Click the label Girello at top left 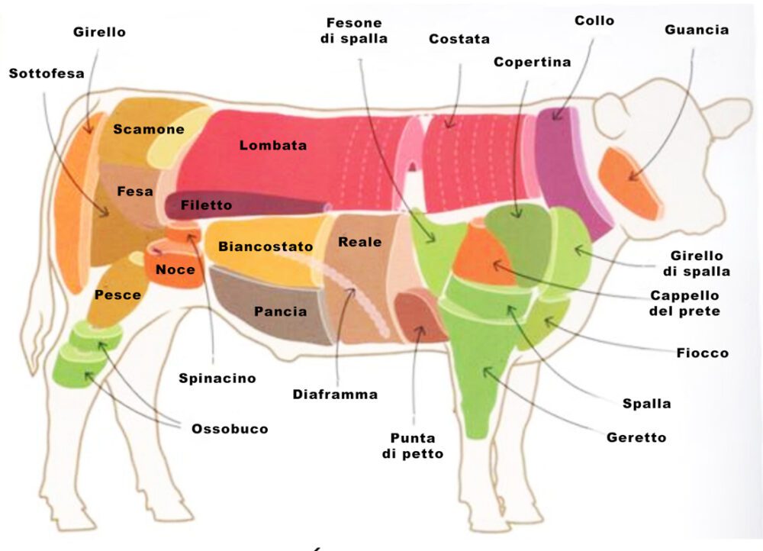click(100, 33)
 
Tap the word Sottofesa click(47, 73)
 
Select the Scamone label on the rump click(149, 129)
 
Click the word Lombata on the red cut click(273, 145)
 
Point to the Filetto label click(206, 205)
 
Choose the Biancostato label click(266, 246)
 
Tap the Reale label click(359, 242)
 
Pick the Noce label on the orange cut click(175, 269)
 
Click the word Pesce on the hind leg click(118, 295)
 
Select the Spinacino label click(217, 378)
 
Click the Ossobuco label click(230, 429)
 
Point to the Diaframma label click(335, 395)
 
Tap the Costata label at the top click(459, 39)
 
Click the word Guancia click(697, 31)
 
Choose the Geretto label click(636, 437)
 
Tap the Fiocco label click(702, 353)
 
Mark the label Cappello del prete click(685, 303)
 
